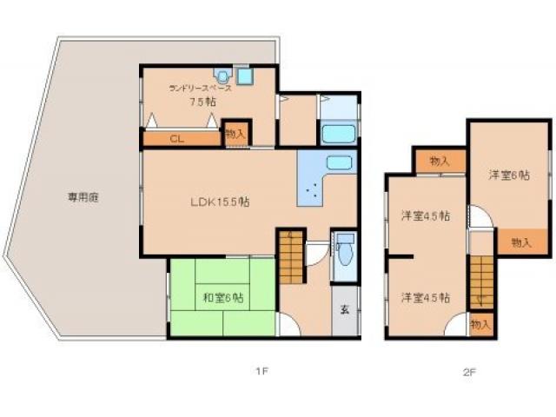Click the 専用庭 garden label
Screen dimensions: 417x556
[x=83, y=197]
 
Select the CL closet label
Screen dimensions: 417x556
[x=176, y=138]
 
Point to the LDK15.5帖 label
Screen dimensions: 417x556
[x=221, y=202]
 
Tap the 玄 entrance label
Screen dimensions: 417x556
[x=344, y=310]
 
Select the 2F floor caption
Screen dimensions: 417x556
[x=469, y=372]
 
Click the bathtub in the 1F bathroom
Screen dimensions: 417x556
[x=338, y=135]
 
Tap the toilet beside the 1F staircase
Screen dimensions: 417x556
[x=345, y=253]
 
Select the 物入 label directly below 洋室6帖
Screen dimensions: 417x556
[x=520, y=242]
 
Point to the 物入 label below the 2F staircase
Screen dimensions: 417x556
[x=480, y=324]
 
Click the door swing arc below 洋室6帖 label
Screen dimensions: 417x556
[x=480, y=216]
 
